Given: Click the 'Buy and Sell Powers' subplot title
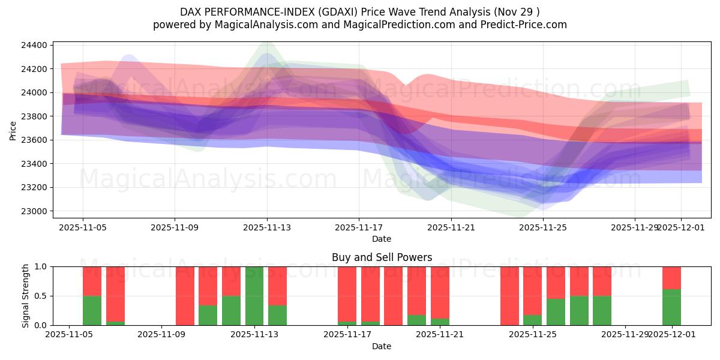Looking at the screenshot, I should [x=382, y=257].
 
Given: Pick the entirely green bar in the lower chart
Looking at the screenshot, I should [x=254, y=296].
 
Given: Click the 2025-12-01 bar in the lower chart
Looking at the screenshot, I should [x=671, y=296].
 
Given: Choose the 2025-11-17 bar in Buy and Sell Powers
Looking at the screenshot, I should [x=347, y=296].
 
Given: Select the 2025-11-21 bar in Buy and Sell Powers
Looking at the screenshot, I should [x=440, y=296].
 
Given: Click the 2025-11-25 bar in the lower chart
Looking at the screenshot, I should [x=532, y=296].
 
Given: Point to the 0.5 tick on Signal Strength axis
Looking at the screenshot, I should [x=42, y=296].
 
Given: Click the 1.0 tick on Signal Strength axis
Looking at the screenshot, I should [x=42, y=266].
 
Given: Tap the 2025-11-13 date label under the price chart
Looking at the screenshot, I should [x=267, y=227].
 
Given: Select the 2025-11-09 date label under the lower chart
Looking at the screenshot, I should [x=162, y=335].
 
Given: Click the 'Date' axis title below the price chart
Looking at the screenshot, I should [x=382, y=239].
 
